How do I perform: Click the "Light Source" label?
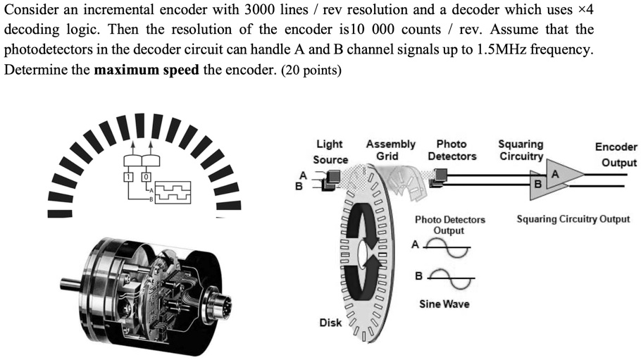pos(330,152)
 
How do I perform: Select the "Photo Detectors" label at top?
pos(452,150)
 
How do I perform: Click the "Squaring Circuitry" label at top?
pos(521,150)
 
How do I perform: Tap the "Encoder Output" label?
pos(616,154)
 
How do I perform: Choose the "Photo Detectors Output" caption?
pos(449,225)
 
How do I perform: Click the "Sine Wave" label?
pos(444,304)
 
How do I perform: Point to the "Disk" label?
pos(330,323)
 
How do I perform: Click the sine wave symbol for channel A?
pos(447,247)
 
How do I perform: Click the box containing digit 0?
pos(147,175)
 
